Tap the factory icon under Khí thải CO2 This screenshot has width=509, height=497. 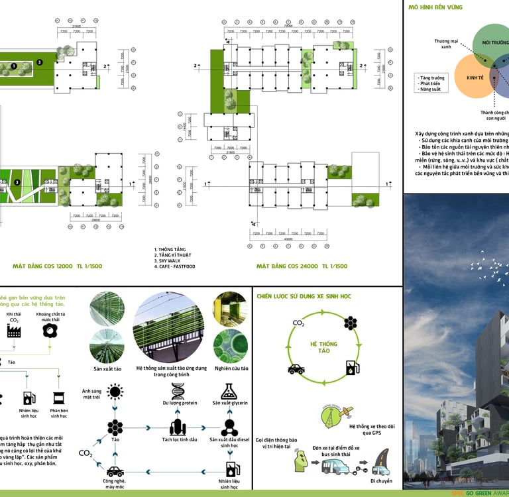coord(14,331)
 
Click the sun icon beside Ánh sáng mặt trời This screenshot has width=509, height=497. coord(115,392)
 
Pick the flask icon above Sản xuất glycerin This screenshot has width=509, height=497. coord(229,391)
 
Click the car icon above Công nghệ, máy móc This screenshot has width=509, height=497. coord(115,471)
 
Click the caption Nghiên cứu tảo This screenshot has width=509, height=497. coord(230,368)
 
